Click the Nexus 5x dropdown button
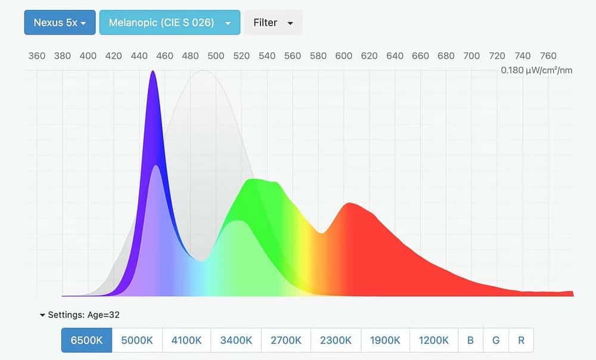click(60, 23)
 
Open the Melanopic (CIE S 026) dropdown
click(170, 23)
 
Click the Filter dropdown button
click(274, 23)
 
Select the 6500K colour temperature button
click(86, 340)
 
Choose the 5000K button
click(137, 340)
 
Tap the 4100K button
click(187, 340)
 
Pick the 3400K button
click(236, 340)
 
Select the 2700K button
click(286, 340)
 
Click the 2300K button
click(336, 340)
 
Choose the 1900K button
click(385, 340)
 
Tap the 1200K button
click(434, 340)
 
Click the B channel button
click(471, 340)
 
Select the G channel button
click(496, 340)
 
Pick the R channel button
click(521, 340)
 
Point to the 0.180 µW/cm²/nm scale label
click(536, 70)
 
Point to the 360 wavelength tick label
click(37, 56)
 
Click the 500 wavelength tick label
click(216, 56)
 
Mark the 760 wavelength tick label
click(548, 56)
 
